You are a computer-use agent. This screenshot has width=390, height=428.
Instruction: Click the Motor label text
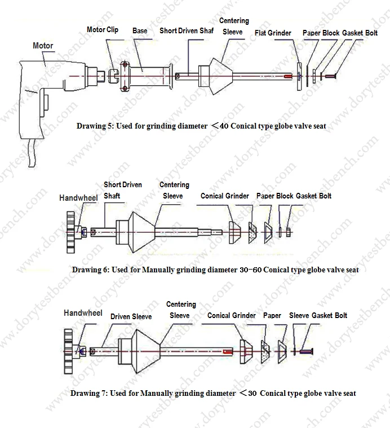(x=43, y=46)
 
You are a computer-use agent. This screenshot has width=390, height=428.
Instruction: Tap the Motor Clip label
(x=102, y=29)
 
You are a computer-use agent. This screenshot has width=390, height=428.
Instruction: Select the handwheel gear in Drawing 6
(x=70, y=231)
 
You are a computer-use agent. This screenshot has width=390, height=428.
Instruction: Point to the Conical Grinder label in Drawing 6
(x=225, y=196)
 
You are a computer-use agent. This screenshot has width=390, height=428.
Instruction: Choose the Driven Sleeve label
(x=131, y=316)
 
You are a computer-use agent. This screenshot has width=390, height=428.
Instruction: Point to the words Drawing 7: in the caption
(x=89, y=393)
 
